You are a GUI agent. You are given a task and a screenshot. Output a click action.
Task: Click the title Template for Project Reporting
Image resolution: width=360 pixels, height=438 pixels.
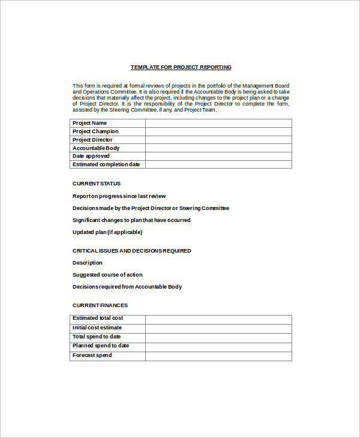click(181, 67)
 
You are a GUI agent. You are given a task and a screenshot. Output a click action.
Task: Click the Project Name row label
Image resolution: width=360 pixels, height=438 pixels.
click(89, 123)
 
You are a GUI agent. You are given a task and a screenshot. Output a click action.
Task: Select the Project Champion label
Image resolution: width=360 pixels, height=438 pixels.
click(95, 131)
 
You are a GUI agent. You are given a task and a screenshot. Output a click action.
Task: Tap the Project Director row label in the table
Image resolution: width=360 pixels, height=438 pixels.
click(92, 140)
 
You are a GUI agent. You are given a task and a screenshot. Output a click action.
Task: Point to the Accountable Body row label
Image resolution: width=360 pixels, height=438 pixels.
click(96, 148)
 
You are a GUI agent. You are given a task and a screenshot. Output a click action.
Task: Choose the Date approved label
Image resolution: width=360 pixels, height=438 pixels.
click(91, 156)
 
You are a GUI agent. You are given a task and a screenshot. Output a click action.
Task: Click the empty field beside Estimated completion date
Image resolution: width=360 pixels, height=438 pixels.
click(218, 164)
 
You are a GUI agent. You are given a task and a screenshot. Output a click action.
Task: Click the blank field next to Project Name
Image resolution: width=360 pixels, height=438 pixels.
click(218, 123)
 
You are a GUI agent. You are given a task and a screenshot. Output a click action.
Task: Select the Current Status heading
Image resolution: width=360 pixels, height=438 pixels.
click(97, 184)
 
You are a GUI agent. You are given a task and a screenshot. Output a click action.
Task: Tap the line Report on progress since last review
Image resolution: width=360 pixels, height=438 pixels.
click(119, 196)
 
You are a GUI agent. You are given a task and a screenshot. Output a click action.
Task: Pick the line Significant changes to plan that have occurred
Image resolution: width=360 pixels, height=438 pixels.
click(131, 220)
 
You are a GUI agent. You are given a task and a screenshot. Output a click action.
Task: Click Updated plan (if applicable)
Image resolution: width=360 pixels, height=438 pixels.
click(107, 232)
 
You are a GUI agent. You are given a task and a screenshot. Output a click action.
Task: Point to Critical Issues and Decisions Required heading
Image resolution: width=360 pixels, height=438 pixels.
click(132, 251)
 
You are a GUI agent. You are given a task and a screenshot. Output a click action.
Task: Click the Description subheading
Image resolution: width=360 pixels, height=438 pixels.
click(88, 263)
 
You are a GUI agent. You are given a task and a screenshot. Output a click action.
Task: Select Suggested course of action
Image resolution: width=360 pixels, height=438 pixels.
click(107, 275)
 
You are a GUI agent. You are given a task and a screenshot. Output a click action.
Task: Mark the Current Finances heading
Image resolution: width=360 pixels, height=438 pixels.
click(100, 305)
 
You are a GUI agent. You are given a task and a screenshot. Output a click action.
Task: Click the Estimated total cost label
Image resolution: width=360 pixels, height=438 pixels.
click(98, 318)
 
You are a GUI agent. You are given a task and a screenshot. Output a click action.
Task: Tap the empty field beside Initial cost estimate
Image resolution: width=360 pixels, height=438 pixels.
click(218, 328)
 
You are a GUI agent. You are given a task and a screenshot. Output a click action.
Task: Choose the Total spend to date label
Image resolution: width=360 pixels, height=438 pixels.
click(97, 337)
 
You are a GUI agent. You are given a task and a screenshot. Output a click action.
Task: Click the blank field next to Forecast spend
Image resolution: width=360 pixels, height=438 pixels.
click(218, 356)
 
